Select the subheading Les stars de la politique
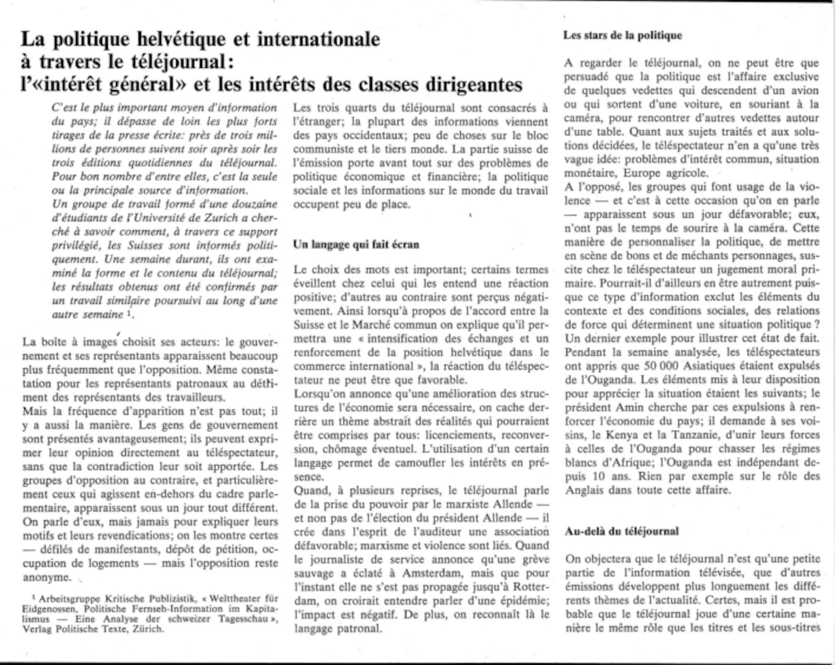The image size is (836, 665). pos(622,36)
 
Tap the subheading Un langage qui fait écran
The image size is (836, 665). pos(356,245)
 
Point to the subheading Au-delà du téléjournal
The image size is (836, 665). pos(622,532)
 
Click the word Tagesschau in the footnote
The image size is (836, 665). pos(243,619)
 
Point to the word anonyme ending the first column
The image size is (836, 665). pos(46,577)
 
